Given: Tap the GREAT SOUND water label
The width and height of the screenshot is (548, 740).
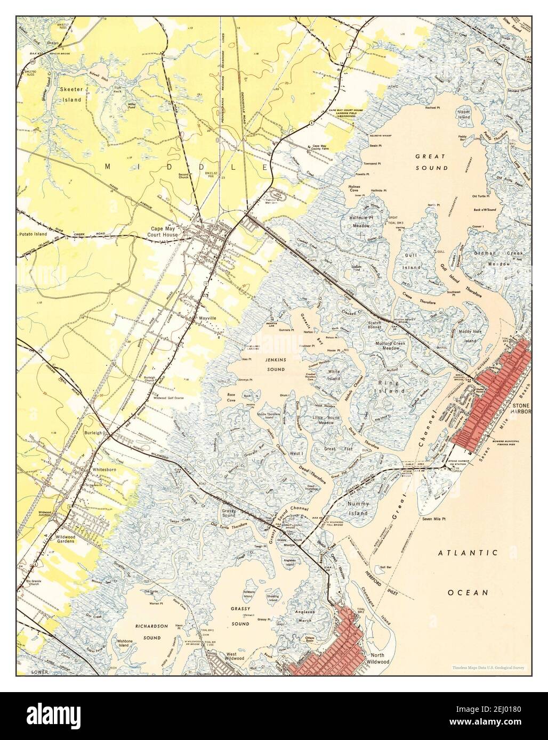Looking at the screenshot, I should (x=431, y=162).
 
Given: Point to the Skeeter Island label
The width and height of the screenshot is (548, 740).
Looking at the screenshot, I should (x=70, y=95).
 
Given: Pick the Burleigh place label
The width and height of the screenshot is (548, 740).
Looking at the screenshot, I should (x=93, y=433).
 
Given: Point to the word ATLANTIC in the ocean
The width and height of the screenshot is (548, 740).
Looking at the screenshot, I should (x=468, y=553).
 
